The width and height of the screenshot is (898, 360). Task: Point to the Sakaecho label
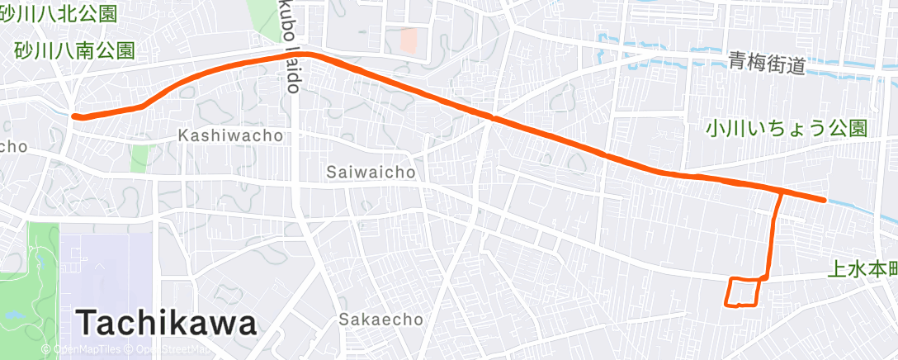point(380,319)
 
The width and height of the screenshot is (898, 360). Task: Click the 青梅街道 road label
point(766,63)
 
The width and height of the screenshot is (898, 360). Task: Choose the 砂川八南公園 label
point(74,50)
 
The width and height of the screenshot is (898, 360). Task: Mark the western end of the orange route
point(75,116)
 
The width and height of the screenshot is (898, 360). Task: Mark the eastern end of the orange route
point(824,200)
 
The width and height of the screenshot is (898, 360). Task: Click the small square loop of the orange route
point(742,292)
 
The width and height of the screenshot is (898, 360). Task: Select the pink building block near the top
point(409,39)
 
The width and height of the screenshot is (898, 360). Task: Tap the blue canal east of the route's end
point(858,206)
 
